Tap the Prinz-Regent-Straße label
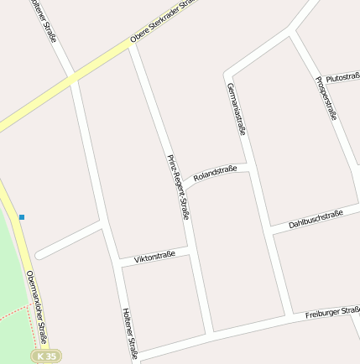[177, 187]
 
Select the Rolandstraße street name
[215, 174]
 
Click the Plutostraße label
[342, 77]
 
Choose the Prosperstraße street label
[326, 98]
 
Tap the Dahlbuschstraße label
[316, 219]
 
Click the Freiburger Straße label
[332, 313]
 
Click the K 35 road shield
[47, 356]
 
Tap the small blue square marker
[22, 217]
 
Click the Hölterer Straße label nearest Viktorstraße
[130, 332]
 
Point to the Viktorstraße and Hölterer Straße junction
[115, 265]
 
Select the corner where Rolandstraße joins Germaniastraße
[248, 164]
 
